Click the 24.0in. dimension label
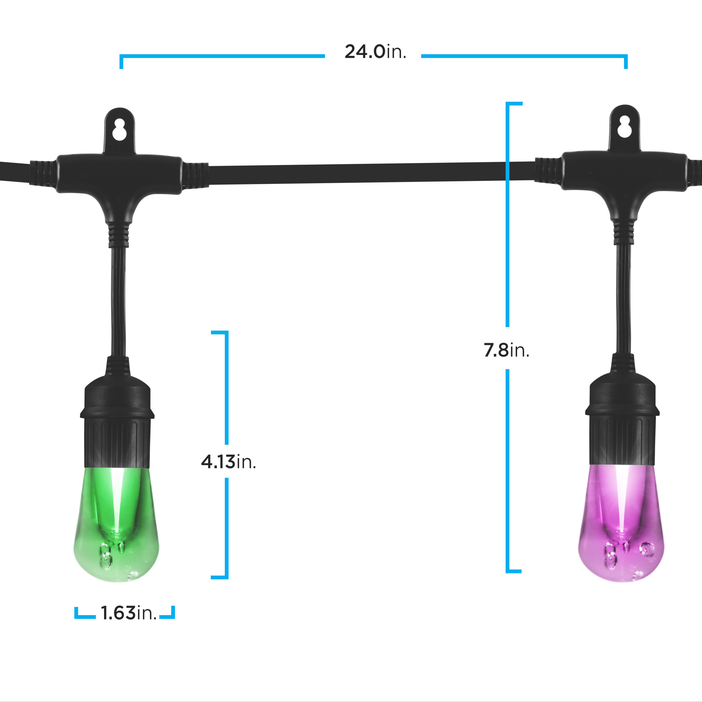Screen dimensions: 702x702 click(x=375, y=52)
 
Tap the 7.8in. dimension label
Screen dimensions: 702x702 click(x=507, y=350)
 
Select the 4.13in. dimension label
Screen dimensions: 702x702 click(x=229, y=462)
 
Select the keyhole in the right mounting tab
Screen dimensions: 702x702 click(x=624, y=127)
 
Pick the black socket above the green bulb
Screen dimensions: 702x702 click(x=117, y=412)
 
